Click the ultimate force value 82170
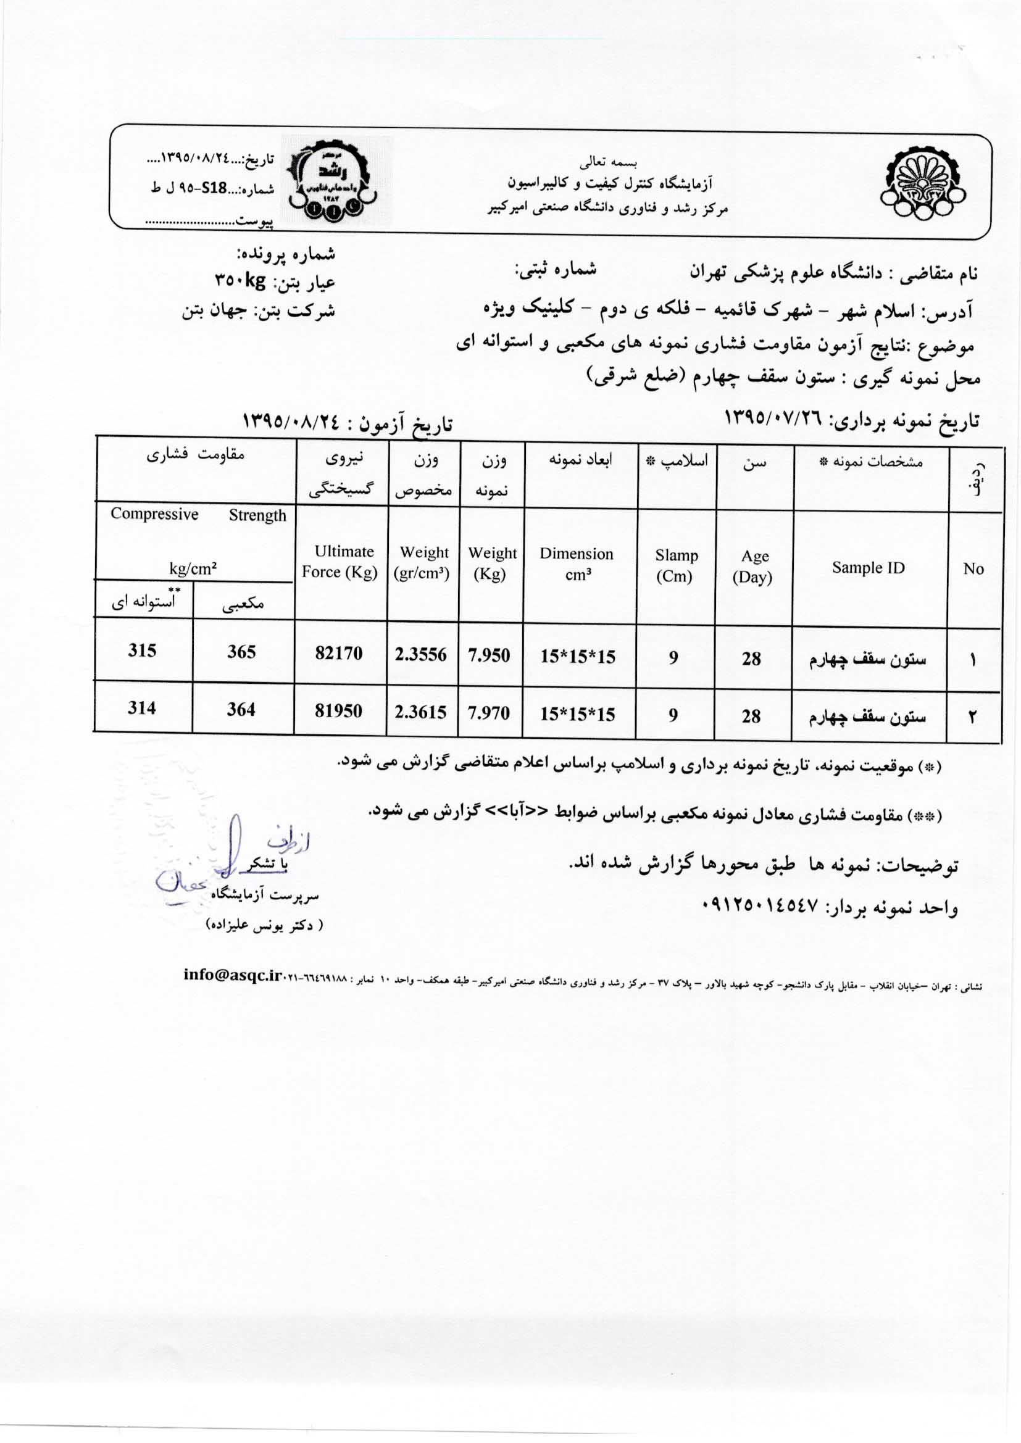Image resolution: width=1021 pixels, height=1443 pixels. point(339,654)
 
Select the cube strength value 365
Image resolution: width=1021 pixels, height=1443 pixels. point(241,652)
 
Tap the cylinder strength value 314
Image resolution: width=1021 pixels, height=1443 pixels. point(142,709)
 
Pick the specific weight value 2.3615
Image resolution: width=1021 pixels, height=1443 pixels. point(420,712)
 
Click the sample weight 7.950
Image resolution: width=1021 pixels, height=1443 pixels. point(489,655)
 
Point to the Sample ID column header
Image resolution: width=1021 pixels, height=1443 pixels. point(869,568)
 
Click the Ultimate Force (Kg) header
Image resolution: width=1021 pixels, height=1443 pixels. point(341,562)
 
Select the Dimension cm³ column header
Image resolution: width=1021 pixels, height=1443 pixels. point(577,563)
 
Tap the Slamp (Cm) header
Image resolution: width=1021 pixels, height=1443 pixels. point(676,565)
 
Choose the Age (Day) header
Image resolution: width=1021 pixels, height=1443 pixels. point(753,567)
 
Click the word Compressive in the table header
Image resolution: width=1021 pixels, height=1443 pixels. point(155,514)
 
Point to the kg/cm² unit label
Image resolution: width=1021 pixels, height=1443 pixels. point(193,570)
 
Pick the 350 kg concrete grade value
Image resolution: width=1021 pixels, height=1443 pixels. point(240,281)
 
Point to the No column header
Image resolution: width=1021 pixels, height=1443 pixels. point(973,569)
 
